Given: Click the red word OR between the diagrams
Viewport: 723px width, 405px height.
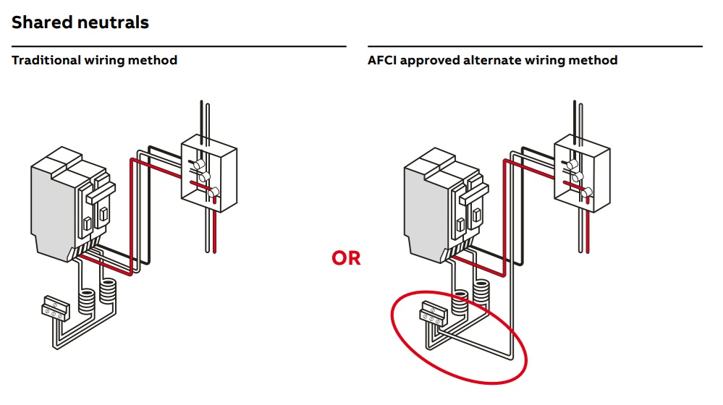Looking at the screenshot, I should point(346,257).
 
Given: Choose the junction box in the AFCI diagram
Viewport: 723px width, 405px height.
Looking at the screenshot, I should point(582,174).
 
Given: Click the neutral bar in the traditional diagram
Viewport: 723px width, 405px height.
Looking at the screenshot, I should point(56,307).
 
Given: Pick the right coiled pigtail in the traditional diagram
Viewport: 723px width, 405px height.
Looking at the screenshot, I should point(108,291).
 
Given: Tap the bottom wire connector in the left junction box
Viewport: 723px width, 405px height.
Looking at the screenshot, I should point(213,192).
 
